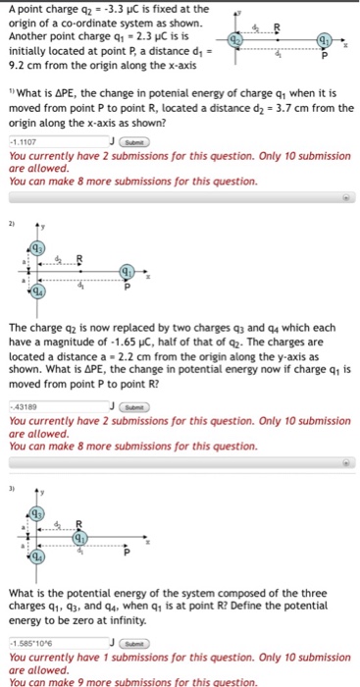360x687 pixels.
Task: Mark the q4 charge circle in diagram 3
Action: point(35,559)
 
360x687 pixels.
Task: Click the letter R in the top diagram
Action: point(276,26)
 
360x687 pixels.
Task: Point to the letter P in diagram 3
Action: point(126,553)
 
